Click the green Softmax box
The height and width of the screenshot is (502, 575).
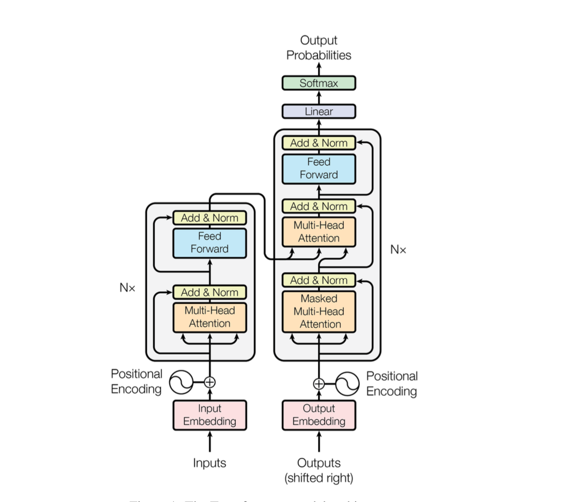pyautogui.click(x=318, y=83)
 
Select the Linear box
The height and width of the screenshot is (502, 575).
pyautogui.click(x=318, y=111)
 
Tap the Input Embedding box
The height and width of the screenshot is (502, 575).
pyautogui.click(x=210, y=415)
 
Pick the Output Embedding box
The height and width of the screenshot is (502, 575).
pyautogui.click(x=318, y=415)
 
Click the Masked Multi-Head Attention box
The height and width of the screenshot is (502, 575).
pyautogui.click(x=318, y=311)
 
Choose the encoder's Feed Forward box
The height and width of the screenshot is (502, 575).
pyautogui.click(x=210, y=243)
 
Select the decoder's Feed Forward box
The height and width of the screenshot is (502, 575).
pyautogui.click(x=318, y=169)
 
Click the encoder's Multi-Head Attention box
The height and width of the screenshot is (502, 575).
pyautogui.click(x=210, y=317)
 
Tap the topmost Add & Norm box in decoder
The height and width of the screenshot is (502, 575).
pyautogui.click(x=318, y=143)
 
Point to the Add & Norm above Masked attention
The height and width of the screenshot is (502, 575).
pyautogui.click(x=318, y=280)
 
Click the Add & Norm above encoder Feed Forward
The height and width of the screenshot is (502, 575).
pyautogui.click(x=210, y=217)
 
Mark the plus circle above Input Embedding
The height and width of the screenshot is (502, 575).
pyautogui.click(x=210, y=382)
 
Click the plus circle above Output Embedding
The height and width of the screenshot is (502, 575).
pyautogui.click(x=318, y=383)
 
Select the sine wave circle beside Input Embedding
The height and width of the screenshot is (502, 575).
pyautogui.click(x=181, y=382)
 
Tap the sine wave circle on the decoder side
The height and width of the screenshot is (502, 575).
pyautogui.click(x=347, y=383)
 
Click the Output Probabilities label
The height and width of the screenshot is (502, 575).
pyautogui.click(x=318, y=47)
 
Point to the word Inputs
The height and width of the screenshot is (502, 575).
pyautogui.click(x=210, y=463)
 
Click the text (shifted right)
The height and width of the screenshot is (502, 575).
pyautogui.click(x=318, y=478)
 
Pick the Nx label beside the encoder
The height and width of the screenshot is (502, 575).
pyautogui.click(x=127, y=288)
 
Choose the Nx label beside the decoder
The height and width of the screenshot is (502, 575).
pyautogui.click(x=398, y=250)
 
